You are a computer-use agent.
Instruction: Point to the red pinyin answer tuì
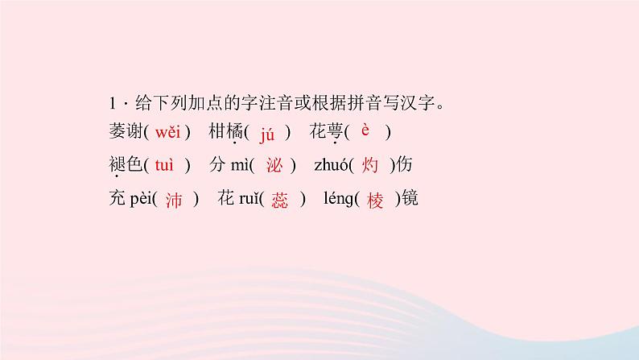pyautogui.click(x=163, y=165)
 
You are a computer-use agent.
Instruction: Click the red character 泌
pyautogui.click(x=273, y=165)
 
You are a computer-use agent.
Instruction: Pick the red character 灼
pyautogui.click(x=371, y=165)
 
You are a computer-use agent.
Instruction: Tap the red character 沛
pyautogui.click(x=174, y=200)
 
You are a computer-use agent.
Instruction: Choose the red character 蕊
pyautogui.click(x=279, y=200)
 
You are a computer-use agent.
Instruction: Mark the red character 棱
pyautogui.click(x=376, y=200)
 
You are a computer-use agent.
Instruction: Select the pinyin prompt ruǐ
pyautogui.click(x=246, y=200)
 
